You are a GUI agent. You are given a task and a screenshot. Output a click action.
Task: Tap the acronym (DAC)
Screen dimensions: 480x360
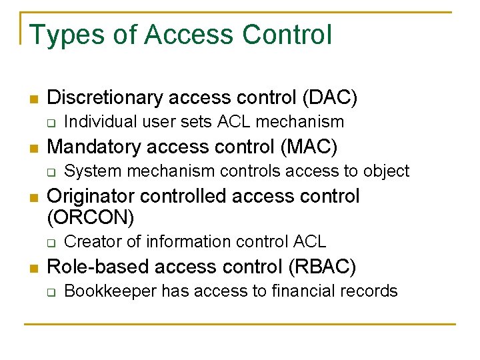(x=330, y=98)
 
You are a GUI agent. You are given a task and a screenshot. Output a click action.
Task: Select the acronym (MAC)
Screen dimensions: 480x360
(x=311, y=146)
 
